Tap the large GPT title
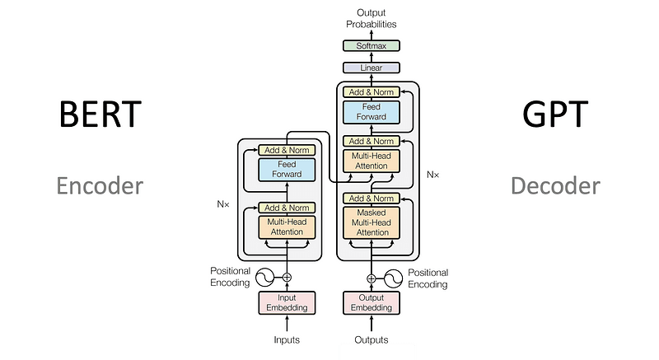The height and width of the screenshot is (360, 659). (555, 114)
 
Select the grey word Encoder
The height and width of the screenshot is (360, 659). (100, 185)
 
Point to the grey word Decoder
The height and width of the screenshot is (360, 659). (555, 185)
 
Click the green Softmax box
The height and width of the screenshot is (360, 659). (371, 47)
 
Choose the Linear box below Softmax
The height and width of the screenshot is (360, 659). (371, 68)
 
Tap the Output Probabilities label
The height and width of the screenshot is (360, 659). (371, 18)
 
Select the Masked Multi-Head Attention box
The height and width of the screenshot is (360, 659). (371, 222)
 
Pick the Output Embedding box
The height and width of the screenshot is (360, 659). (371, 302)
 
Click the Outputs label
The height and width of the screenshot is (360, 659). (371, 339)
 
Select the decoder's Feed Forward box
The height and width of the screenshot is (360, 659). (371, 111)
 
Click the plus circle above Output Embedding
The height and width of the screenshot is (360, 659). (371, 278)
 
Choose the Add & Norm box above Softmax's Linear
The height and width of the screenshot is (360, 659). (371, 91)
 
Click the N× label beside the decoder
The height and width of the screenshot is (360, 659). (434, 175)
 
